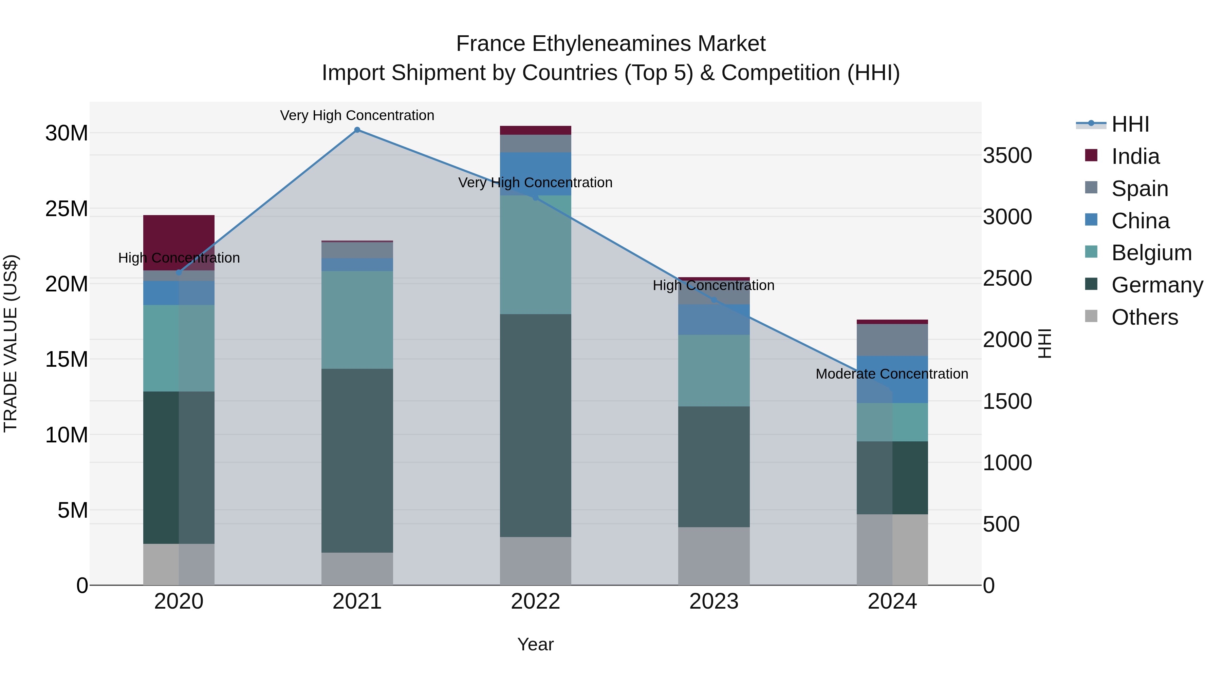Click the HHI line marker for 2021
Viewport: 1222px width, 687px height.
coord(357,130)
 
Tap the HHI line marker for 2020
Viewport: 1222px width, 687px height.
coord(179,273)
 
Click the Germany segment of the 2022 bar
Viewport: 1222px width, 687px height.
coord(536,425)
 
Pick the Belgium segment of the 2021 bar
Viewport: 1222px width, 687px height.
coord(357,320)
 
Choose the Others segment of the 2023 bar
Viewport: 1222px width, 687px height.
coord(714,556)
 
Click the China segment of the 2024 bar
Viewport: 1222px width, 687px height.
coord(892,379)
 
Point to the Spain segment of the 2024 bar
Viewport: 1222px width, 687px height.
coord(892,340)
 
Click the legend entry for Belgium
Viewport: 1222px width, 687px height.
coord(1151,253)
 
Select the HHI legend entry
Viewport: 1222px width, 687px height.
coord(1130,124)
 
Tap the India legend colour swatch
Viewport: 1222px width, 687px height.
coord(1091,155)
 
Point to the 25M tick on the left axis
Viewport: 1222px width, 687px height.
coord(67,209)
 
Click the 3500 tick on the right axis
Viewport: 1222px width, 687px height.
coord(1007,155)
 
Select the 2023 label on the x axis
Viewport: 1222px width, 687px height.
coord(714,602)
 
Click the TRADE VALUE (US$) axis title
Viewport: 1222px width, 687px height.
coord(11,343)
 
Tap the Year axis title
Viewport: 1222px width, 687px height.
coord(536,644)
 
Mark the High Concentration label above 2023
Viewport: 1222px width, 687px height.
coord(714,285)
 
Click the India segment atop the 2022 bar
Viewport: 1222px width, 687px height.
coord(536,130)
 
